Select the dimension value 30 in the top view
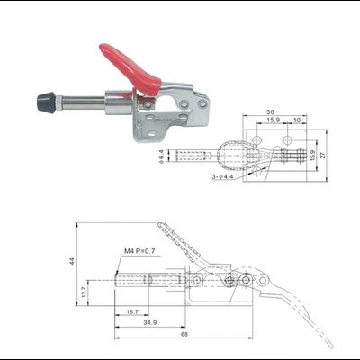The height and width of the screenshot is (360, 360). (x=269, y=111)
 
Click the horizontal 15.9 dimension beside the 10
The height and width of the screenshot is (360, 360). (x=273, y=121)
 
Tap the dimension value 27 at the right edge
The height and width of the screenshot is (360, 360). (x=325, y=155)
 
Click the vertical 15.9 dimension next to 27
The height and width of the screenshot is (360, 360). (x=312, y=155)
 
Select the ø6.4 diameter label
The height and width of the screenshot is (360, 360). (x=162, y=157)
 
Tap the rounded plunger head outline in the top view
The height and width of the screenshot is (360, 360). (x=236, y=157)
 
